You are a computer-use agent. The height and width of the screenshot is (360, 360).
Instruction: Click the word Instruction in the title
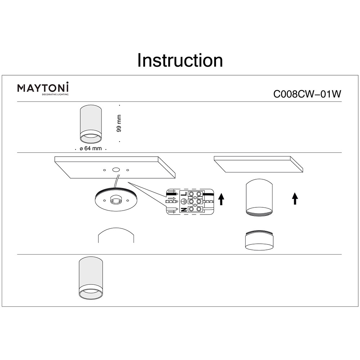coord(180,60)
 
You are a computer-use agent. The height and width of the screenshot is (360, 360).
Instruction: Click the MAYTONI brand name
coord(44,88)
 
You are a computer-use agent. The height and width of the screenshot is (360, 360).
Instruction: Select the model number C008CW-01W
coord(307,94)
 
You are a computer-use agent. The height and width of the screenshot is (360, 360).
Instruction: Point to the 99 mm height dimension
coord(119,123)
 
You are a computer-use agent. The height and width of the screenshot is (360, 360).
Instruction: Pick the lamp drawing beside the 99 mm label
coord(90,124)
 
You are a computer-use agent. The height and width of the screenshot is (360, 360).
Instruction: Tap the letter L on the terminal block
coord(183,194)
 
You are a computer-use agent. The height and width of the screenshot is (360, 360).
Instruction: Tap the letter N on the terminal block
coord(183,210)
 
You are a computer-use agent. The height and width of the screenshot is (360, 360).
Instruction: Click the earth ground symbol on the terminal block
coord(183,202)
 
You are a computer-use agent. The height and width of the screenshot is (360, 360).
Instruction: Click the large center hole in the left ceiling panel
coord(116,169)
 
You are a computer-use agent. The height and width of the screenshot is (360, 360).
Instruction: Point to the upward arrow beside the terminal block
coord(222,198)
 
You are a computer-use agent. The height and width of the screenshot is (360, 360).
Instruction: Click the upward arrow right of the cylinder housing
coord(295,198)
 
